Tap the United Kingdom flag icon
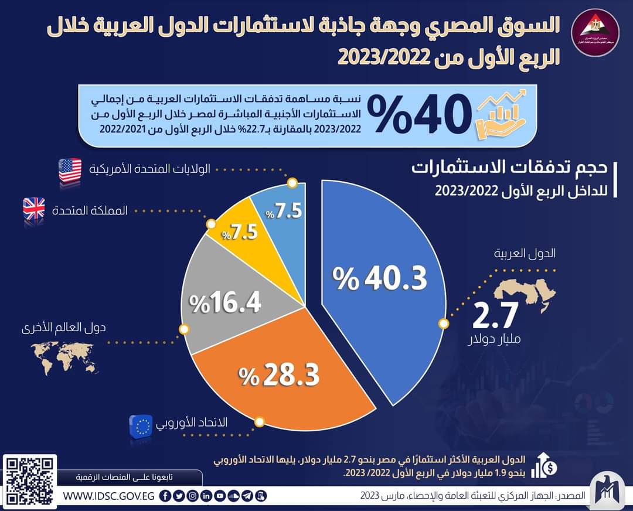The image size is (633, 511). [x=33, y=209]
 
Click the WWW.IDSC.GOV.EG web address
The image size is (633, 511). [x=108, y=496]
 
